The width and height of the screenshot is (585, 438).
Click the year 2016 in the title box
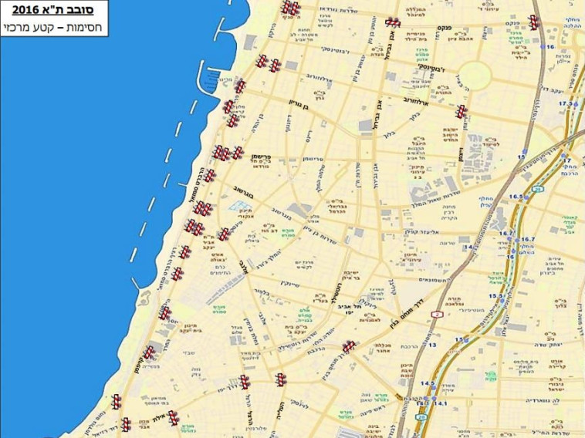click(x=26, y=11)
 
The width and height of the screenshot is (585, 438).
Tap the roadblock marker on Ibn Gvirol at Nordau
click(x=394, y=22)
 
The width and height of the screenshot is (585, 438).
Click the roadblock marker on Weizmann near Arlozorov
click(x=461, y=111)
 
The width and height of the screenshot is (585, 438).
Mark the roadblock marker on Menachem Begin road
click(x=349, y=347)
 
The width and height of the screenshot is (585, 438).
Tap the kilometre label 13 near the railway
click(x=433, y=345)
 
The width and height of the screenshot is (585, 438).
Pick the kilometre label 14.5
click(x=427, y=383)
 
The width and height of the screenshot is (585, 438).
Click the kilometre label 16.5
click(x=516, y=197)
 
